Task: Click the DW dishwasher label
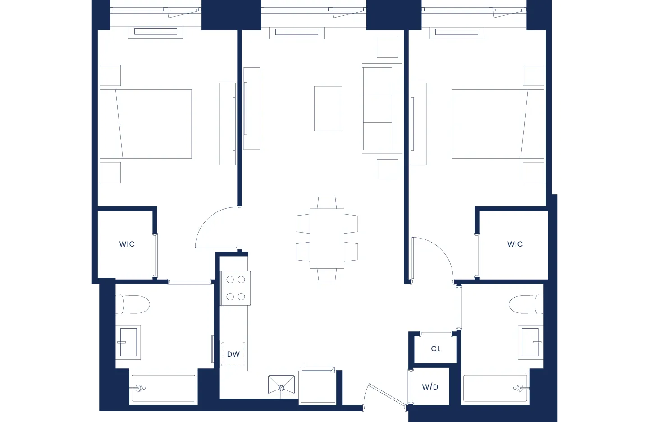233,354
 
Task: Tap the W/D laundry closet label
430,387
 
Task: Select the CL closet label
435,349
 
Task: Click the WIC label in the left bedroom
127,244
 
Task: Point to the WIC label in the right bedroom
515,244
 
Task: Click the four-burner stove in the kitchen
235,288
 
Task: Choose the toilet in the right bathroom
526,305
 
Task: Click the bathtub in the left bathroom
163,388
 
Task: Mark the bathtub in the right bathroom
495,388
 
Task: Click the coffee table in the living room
328,109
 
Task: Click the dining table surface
327,239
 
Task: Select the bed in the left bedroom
146,124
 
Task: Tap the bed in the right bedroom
498,124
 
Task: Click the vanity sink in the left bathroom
128,342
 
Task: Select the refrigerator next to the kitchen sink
317,386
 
